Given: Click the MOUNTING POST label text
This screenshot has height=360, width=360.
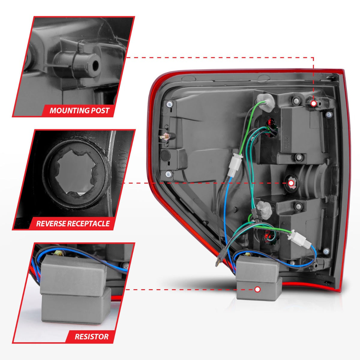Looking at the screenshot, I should point(79,110).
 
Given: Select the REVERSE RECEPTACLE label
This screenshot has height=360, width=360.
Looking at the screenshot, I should point(73,223).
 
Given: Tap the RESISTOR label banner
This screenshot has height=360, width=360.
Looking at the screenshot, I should point(91,336).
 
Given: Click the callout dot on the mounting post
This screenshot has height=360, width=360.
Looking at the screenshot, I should point(313,103).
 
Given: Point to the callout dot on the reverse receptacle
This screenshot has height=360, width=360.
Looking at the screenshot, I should point(291,183).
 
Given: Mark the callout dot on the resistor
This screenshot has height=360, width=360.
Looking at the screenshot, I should point(257,289).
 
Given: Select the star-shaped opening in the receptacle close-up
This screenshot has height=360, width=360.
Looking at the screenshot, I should point(74,176).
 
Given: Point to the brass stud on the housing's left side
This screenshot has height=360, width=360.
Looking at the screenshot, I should point(166,136).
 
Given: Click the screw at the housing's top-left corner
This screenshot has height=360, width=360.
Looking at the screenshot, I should point(170,104).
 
